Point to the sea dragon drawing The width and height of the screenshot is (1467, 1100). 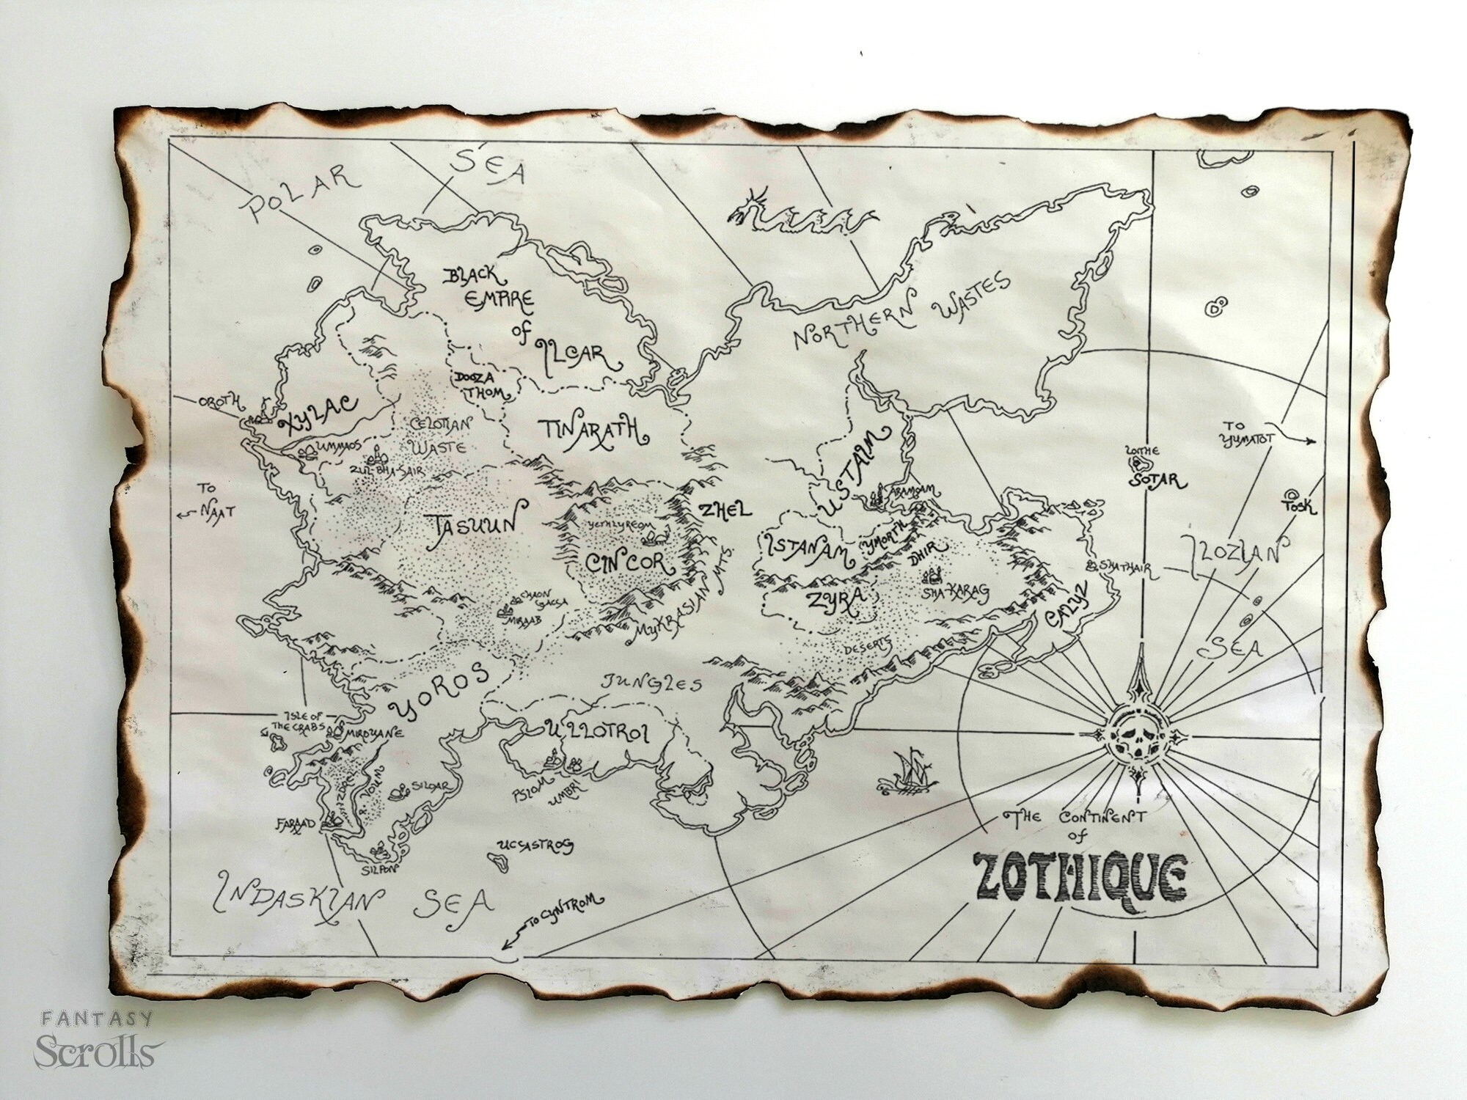(x=800, y=207)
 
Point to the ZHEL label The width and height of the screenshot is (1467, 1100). (x=725, y=511)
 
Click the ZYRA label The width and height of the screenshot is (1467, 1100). (x=829, y=600)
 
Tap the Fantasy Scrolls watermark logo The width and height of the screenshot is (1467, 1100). (x=95, y=1040)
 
